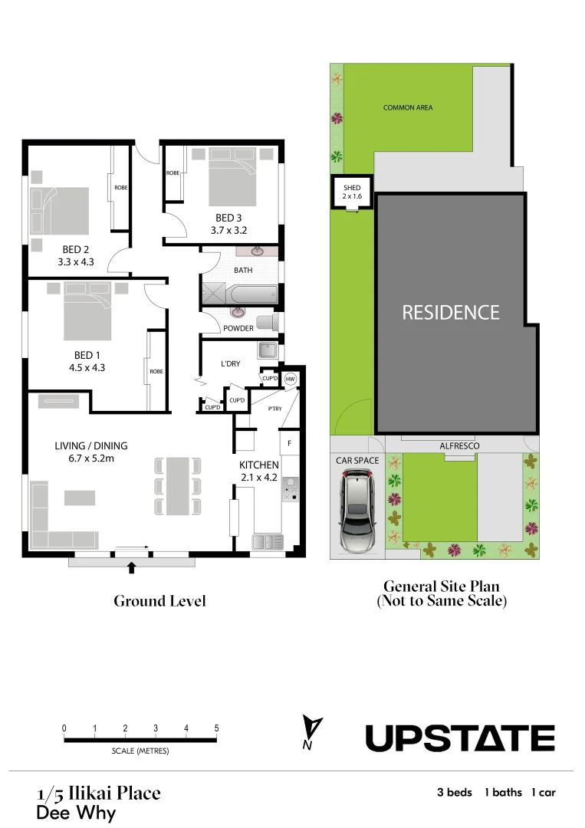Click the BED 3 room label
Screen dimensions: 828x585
[x=228, y=218]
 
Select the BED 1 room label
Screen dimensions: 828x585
[x=87, y=354]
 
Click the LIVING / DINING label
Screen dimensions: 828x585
[x=91, y=445]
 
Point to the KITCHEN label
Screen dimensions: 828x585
[x=258, y=465]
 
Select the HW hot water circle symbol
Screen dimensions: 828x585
[x=291, y=379]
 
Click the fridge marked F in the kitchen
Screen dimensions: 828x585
[x=289, y=443]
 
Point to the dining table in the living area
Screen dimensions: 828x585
[x=178, y=485]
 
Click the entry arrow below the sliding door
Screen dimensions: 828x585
[x=132, y=567]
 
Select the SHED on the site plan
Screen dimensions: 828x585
[x=352, y=192]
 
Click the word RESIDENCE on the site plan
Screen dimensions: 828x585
[x=451, y=313]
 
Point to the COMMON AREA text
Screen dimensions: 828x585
[x=408, y=108]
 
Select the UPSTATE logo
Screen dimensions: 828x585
[x=459, y=738]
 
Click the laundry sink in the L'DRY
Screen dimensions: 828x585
[x=267, y=350]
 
